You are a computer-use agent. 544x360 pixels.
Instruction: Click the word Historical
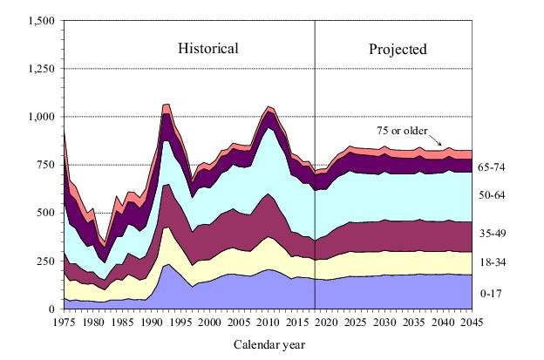pos(208,48)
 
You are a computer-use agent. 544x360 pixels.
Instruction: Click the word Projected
pos(398,49)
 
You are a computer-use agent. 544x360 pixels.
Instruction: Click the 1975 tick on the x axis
pos(65,322)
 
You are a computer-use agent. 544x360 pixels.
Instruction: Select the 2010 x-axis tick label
pos(269,322)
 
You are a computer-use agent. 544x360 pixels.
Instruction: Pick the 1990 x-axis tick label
pos(153,322)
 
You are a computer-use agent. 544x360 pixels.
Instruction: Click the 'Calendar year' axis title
pos(269,344)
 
